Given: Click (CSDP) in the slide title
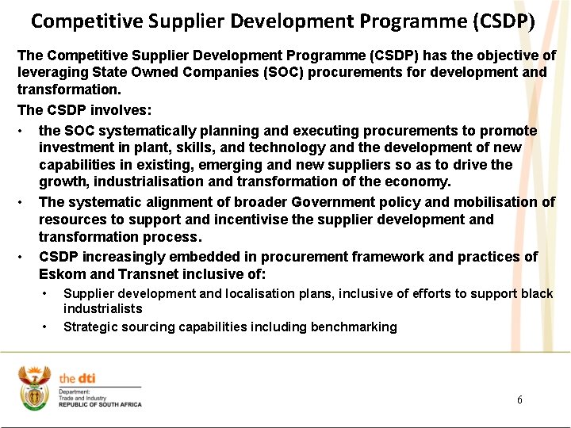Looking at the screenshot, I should (x=503, y=21).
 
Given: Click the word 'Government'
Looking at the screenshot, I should (x=334, y=202).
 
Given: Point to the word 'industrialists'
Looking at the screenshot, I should (x=103, y=308).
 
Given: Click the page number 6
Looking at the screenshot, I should (x=519, y=399).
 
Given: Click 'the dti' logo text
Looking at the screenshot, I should (x=77, y=379).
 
